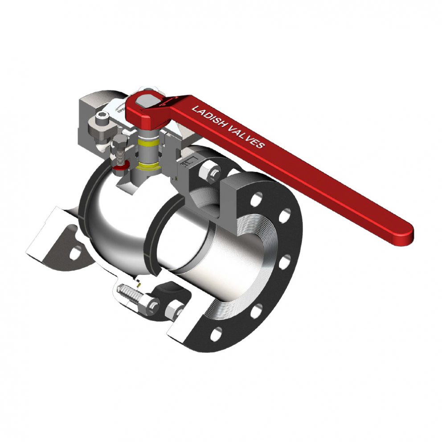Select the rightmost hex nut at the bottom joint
pyautogui.click(x=175, y=308)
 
